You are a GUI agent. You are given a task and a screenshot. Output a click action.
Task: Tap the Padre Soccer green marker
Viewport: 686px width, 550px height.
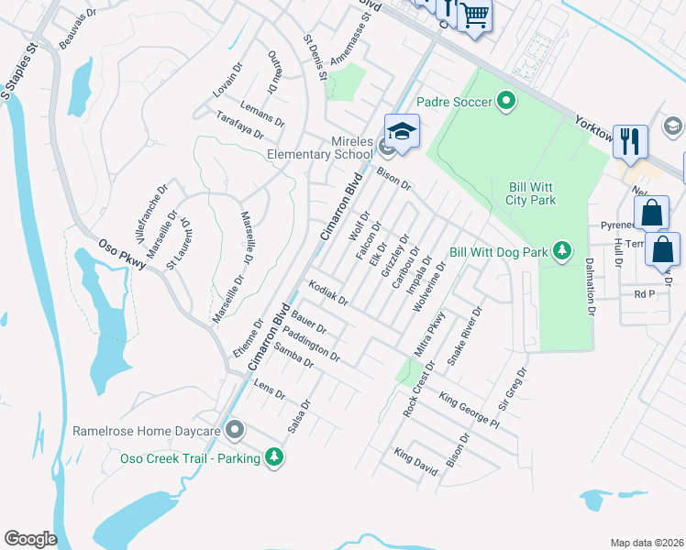505,102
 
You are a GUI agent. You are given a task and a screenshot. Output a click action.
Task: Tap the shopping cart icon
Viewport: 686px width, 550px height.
474,15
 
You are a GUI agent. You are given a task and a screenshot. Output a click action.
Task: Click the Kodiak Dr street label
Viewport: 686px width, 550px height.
328,293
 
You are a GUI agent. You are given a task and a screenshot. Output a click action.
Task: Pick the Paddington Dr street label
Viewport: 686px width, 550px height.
312,344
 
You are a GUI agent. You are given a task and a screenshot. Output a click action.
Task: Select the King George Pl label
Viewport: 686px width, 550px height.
469,411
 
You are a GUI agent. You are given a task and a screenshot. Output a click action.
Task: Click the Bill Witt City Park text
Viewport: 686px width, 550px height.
531,192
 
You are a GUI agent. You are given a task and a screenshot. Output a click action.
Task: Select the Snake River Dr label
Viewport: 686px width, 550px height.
464,337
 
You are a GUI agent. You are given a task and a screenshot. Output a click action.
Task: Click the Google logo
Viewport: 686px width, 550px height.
30,539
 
